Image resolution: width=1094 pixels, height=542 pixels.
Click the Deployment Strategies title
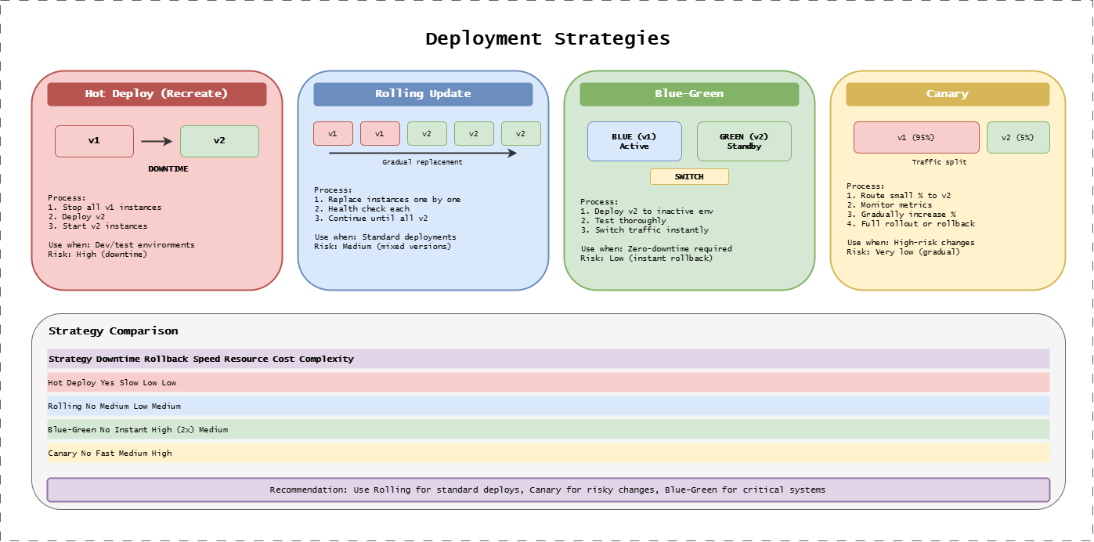point(547,38)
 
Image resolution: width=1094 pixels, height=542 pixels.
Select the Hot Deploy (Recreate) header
point(157,94)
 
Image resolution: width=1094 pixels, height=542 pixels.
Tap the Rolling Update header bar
point(423,94)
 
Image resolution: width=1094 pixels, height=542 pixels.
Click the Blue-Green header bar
point(689,94)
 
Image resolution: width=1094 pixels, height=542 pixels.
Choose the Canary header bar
point(948,94)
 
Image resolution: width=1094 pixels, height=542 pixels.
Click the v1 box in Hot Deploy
point(94,141)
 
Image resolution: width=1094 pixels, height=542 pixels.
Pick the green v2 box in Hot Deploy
point(219,141)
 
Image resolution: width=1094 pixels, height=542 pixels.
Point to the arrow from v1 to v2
point(156,142)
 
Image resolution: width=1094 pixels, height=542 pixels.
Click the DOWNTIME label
point(168,168)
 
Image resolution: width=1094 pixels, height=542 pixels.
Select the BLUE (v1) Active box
point(634,141)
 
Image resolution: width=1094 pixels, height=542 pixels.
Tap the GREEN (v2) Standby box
point(744,141)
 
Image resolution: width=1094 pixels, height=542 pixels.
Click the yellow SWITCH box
point(689,177)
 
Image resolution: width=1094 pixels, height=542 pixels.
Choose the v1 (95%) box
point(916,137)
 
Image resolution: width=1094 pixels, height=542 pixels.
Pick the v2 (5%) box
point(1018,137)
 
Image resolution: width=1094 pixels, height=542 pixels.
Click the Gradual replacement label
point(422,162)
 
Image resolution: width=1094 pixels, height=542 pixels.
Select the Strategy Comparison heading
point(113,331)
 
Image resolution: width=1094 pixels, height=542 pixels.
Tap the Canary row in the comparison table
point(548,453)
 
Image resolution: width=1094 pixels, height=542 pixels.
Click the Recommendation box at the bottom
point(548,490)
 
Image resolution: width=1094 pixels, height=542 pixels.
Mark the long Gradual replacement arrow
point(423,154)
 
